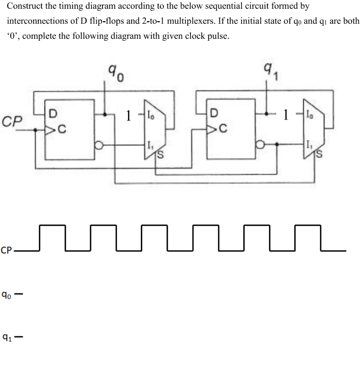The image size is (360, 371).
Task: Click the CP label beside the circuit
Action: coord(13,122)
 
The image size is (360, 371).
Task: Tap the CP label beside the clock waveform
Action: coord(7,251)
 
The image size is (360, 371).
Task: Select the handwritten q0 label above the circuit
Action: coord(114,73)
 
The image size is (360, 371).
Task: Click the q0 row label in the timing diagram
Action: coord(6,295)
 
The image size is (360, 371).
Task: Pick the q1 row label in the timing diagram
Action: coord(6,338)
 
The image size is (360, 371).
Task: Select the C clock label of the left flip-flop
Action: coord(62,130)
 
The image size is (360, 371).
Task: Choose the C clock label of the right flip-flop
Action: coord(223,130)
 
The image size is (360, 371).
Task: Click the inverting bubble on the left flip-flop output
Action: coord(99,147)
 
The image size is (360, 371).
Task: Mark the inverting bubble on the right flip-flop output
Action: coord(261,147)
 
